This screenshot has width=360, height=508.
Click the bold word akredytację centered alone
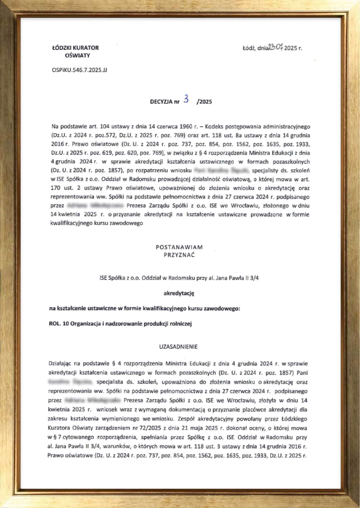(179, 293)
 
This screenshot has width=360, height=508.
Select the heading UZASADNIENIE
(179, 347)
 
